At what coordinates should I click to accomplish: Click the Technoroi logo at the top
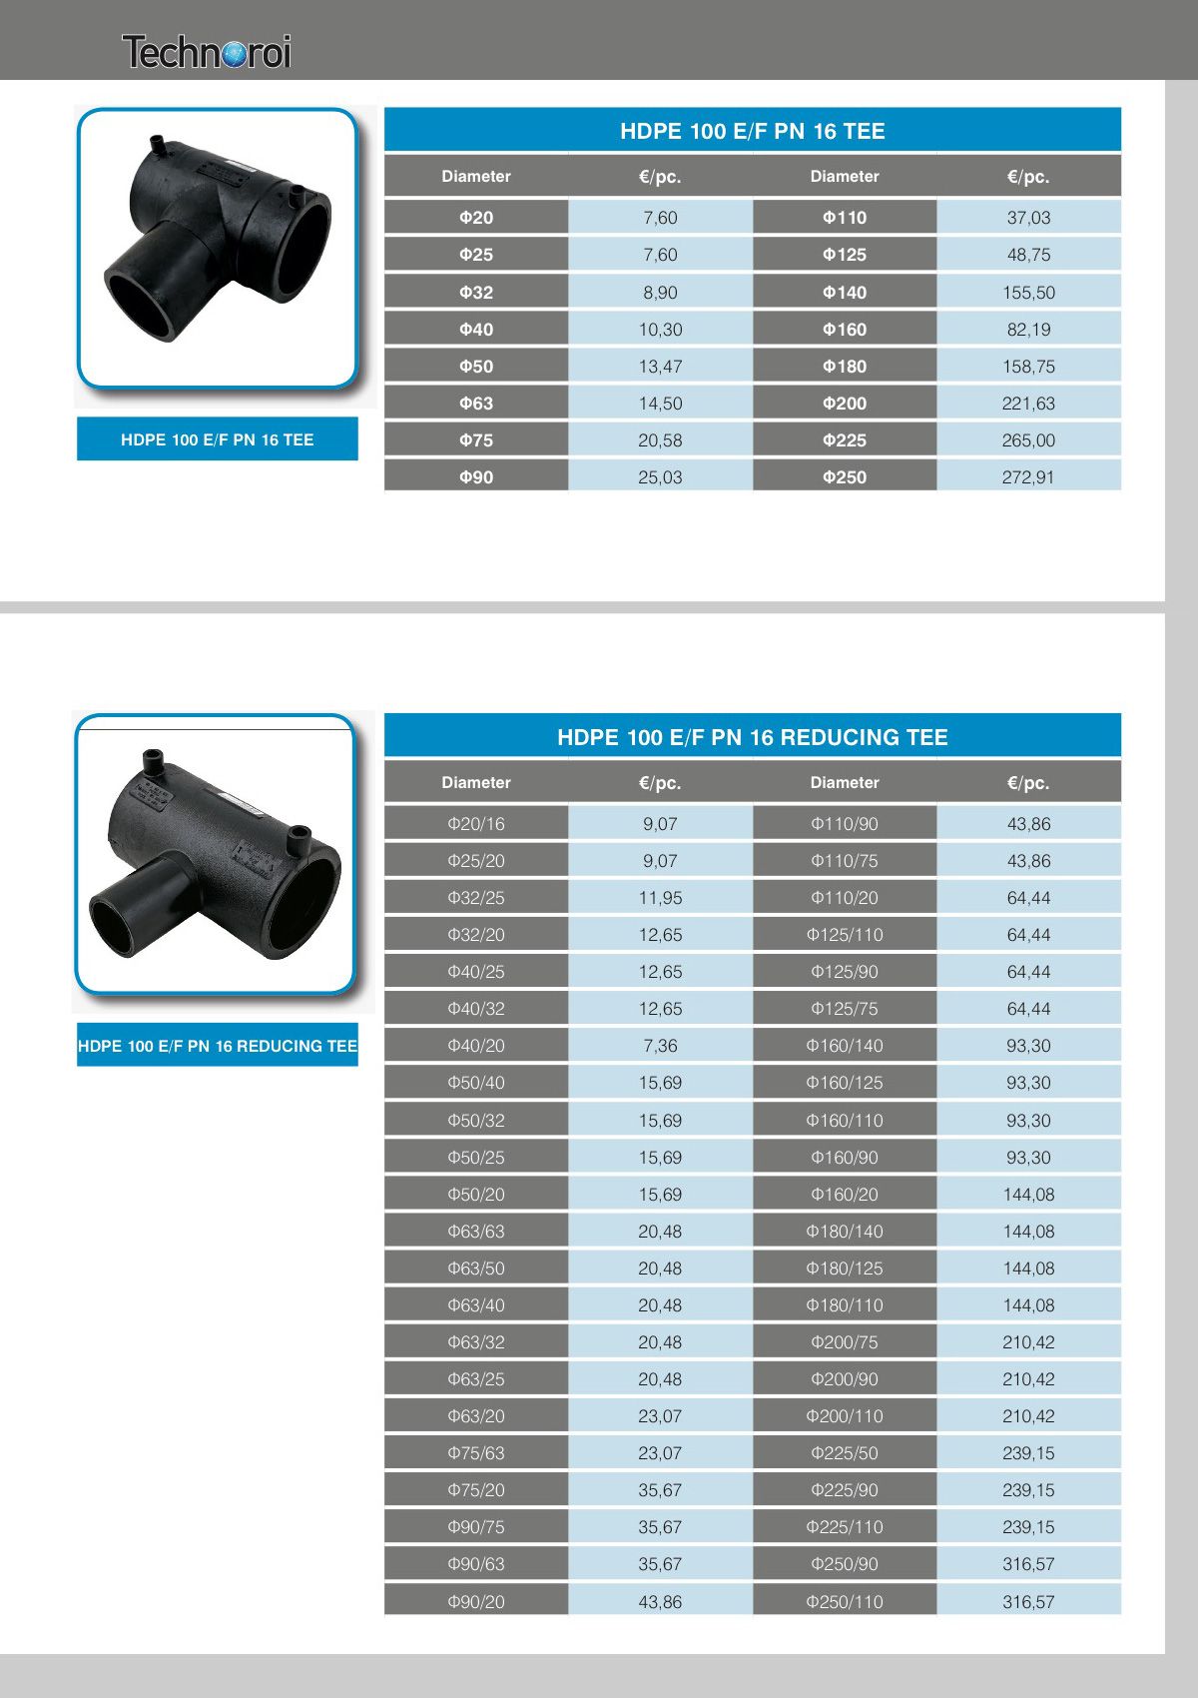click(206, 52)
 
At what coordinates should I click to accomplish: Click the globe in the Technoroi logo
click(235, 55)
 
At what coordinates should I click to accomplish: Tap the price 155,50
click(1028, 292)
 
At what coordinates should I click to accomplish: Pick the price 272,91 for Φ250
click(1028, 476)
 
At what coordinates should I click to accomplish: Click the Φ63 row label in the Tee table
click(476, 404)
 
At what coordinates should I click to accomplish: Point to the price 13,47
click(660, 367)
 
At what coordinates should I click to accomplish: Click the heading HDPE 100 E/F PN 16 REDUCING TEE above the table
click(753, 737)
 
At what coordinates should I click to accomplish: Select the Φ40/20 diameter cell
click(476, 1046)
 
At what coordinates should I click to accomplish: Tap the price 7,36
click(660, 1046)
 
